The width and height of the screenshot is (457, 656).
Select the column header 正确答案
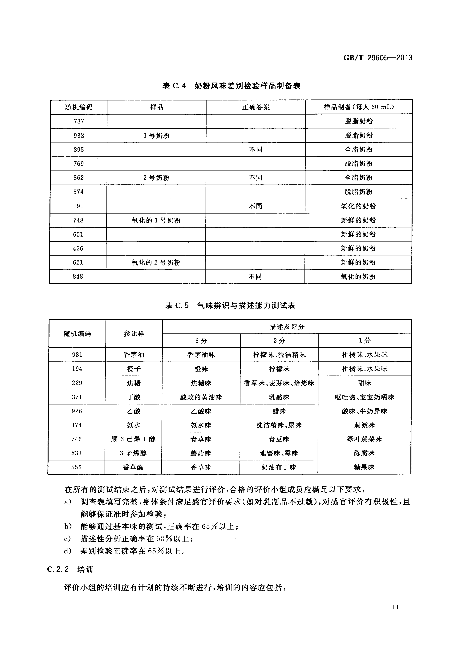[256, 107]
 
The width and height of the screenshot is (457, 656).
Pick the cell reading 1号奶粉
[156, 135]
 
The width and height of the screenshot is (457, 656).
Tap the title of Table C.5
[230, 305]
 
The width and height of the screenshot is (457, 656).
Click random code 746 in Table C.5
[77, 439]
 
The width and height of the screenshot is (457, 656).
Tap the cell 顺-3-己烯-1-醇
[133, 439]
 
